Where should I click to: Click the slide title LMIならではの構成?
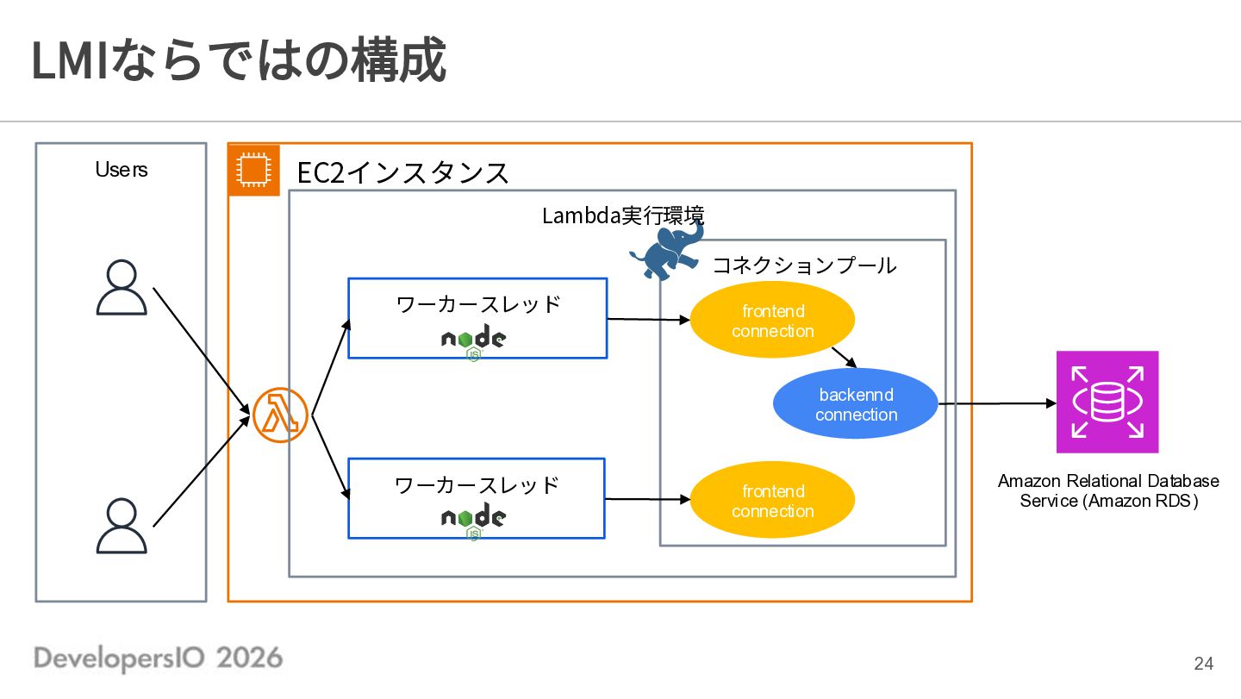(x=239, y=59)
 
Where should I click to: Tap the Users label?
(x=122, y=170)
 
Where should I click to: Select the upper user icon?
(x=122, y=287)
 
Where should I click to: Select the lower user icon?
(x=122, y=526)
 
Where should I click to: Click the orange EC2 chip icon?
(x=253, y=170)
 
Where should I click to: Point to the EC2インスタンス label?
(x=402, y=173)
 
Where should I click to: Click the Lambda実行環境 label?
(x=623, y=215)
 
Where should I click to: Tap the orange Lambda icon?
(x=280, y=415)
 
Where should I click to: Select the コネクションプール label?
(x=804, y=265)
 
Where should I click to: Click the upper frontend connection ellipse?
(x=772, y=320)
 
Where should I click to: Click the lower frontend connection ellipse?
(x=772, y=500)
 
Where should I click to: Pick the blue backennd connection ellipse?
(x=856, y=403)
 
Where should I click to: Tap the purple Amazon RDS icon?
(x=1107, y=403)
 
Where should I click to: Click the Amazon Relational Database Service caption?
(x=1108, y=490)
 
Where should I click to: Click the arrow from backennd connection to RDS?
(x=997, y=403)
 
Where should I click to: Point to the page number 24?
(x=1204, y=663)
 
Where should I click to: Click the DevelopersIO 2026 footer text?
(x=159, y=658)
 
